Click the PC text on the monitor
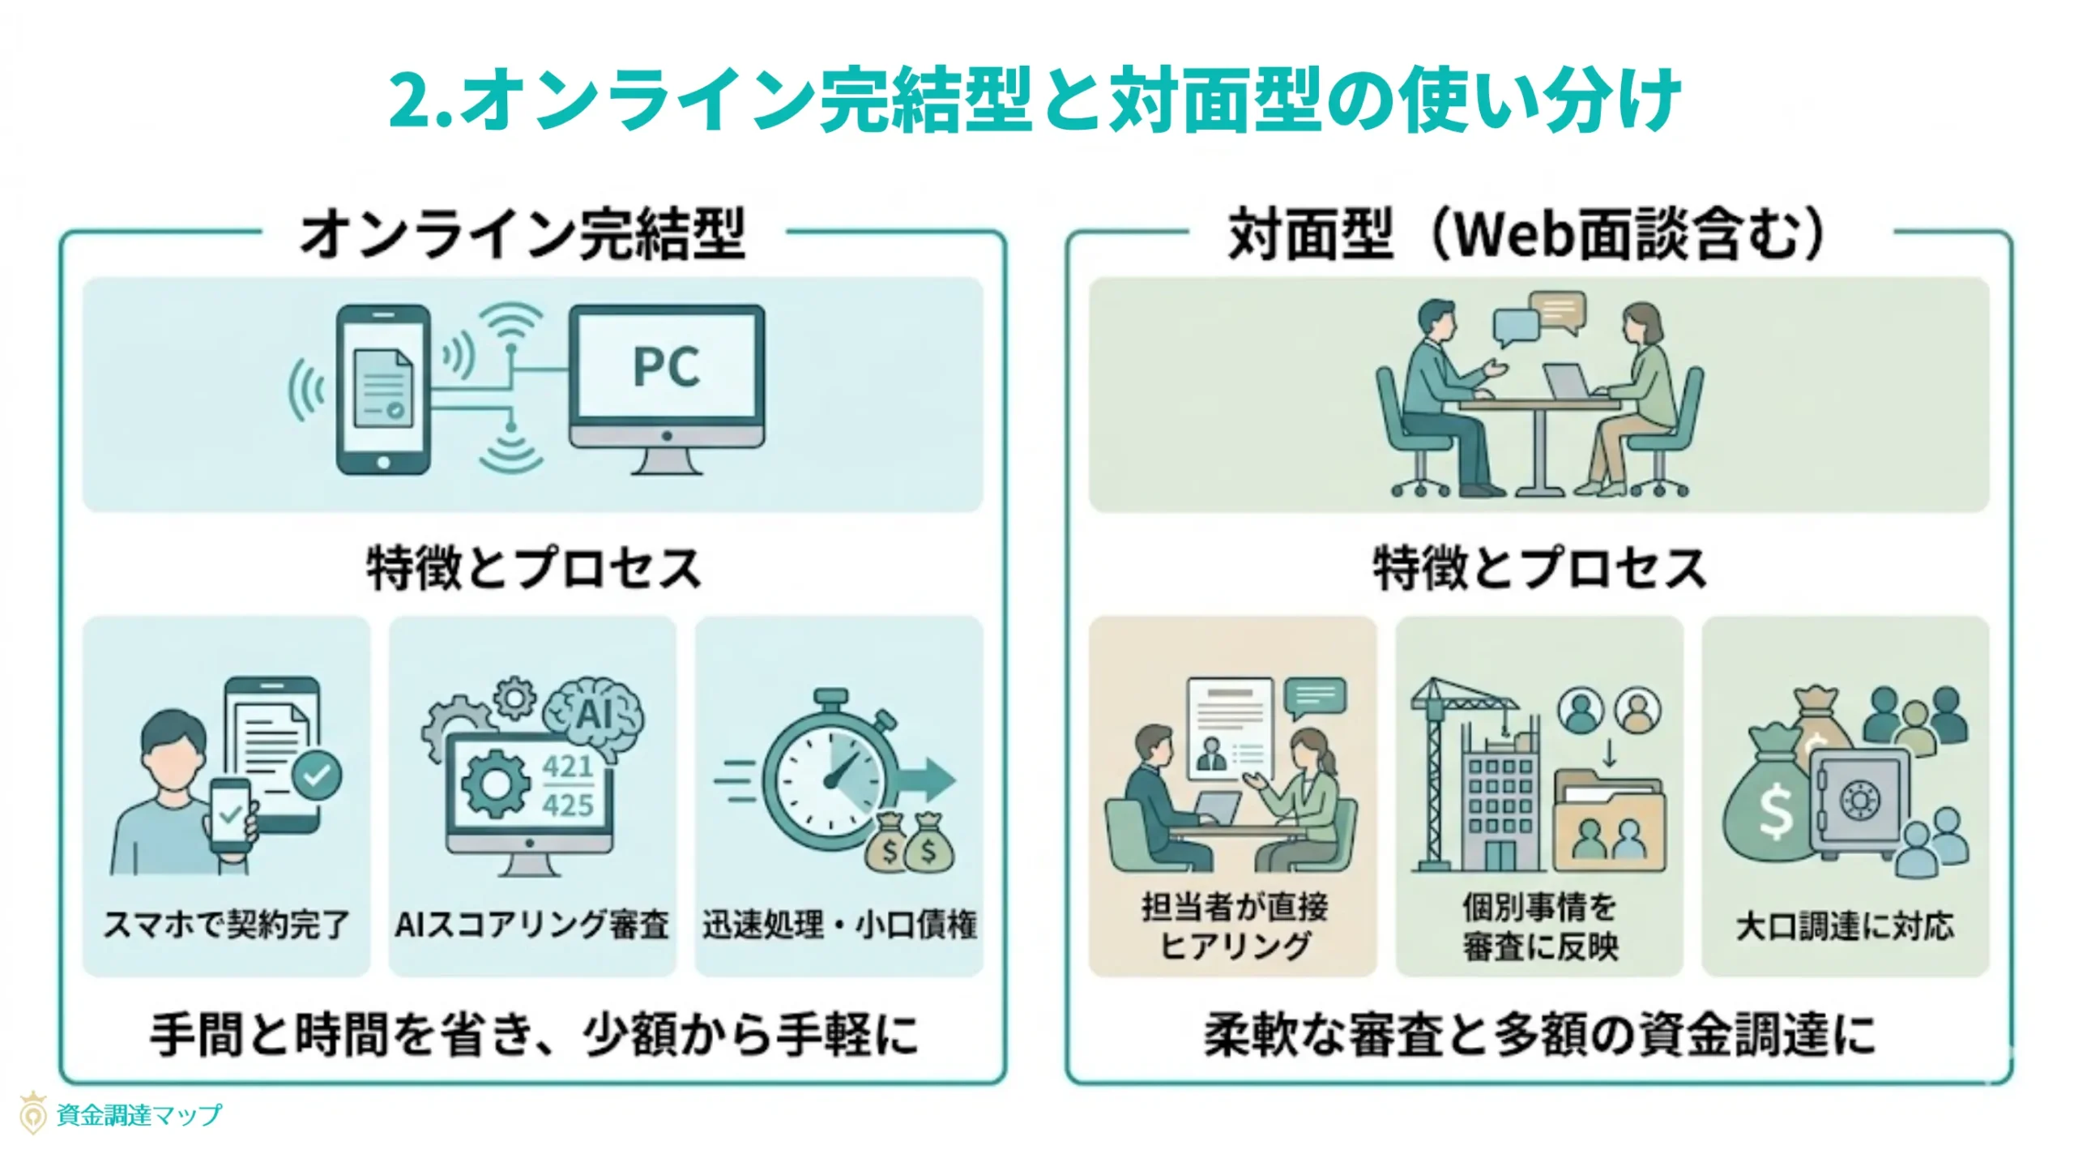coord(666,367)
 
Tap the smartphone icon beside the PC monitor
coord(382,389)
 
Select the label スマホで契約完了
coord(226,925)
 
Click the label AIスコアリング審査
coord(531,925)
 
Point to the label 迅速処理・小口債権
coord(839,925)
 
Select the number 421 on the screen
coord(567,766)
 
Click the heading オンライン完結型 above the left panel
coord(523,234)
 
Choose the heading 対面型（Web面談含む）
coord(1526,234)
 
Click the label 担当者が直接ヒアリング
coord(1234,926)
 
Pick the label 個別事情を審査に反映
coord(1540,926)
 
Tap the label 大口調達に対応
coord(1845,926)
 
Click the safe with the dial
coord(1859,802)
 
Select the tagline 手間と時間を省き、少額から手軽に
coord(534,1035)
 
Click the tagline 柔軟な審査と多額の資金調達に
coord(1539,1035)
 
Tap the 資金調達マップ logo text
coord(139,1115)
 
